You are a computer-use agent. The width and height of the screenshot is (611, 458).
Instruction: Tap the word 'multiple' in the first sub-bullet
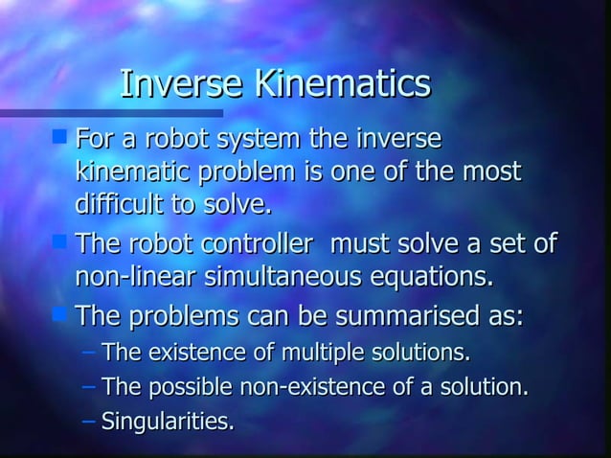(322, 354)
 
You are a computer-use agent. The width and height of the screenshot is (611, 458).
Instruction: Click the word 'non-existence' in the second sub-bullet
(305, 388)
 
